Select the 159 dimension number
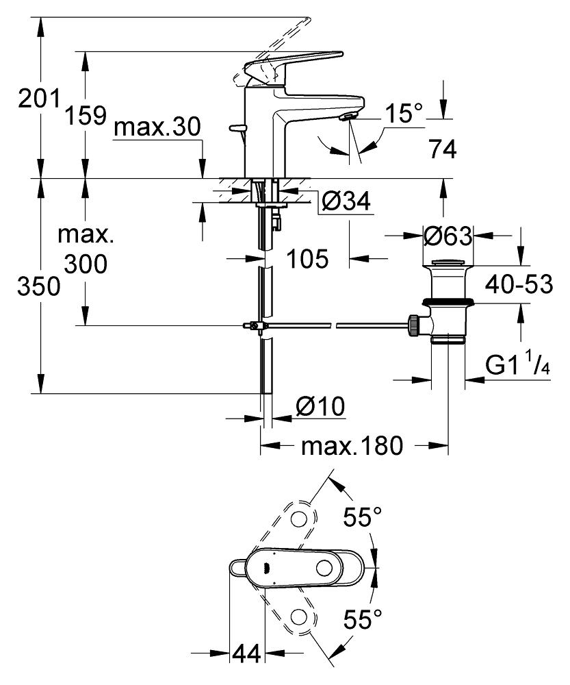pyautogui.click(x=86, y=116)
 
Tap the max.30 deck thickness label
pyautogui.click(x=157, y=127)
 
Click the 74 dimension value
pyautogui.click(x=443, y=149)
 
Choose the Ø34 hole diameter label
pyautogui.click(x=346, y=201)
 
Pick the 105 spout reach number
pyautogui.click(x=307, y=259)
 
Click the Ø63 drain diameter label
pyautogui.click(x=448, y=236)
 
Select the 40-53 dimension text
pyautogui.click(x=519, y=284)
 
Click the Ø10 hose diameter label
pyautogui.click(x=320, y=407)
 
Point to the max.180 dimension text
pyautogui.click(x=352, y=446)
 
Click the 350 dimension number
pyautogui.click(x=38, y=287)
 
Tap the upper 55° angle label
pyautogui.click(x=362, y=517)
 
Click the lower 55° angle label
pyautogui.click(x=362, y=619)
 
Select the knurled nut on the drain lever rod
pyautogui.click(x=413, y=325)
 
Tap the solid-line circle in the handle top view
pyautogui.click(x=324, y=568)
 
